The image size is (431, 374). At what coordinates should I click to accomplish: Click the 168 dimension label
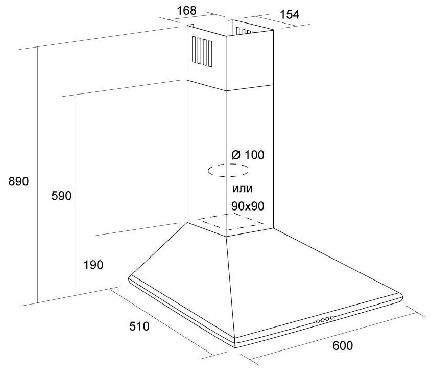tap(187, 10)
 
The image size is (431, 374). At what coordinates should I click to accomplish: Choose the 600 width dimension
tap(342, 345)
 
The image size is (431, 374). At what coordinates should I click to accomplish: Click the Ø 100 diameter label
tap(248, 154)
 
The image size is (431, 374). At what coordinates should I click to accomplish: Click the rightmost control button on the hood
tap(332, 318)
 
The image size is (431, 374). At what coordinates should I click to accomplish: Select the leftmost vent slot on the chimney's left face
tap(194, 50)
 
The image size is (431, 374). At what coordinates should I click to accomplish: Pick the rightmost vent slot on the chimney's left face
tap(210, 53)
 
